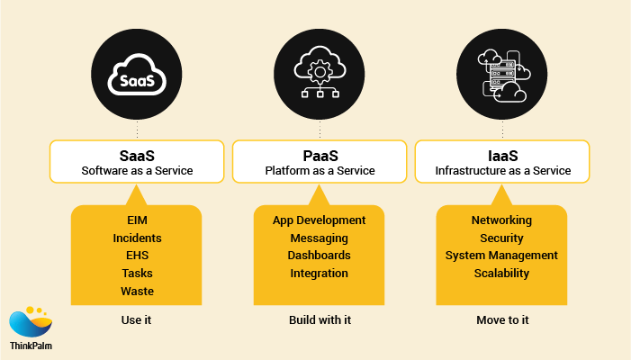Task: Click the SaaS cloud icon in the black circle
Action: point(137,77)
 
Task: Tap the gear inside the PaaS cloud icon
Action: point(320,68)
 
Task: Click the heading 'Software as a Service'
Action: point(137,170)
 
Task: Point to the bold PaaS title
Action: point(320,155)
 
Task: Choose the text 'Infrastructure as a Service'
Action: point(502,170)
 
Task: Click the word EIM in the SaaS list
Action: point(137,220)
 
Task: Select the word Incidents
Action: point(137,238)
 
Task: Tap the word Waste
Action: point(137,291)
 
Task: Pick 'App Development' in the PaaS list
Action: point(320,220)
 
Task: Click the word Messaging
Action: point(320,238)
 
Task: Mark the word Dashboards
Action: point(320,256)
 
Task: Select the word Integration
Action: point(320,274)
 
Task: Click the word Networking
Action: point(501,220)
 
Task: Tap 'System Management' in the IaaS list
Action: point(501,256)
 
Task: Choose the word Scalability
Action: point(501,274)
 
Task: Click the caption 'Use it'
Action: point(137,319)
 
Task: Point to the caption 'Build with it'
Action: point(320,319)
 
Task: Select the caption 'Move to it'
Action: point(501,319)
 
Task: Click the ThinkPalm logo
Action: point(30,328)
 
